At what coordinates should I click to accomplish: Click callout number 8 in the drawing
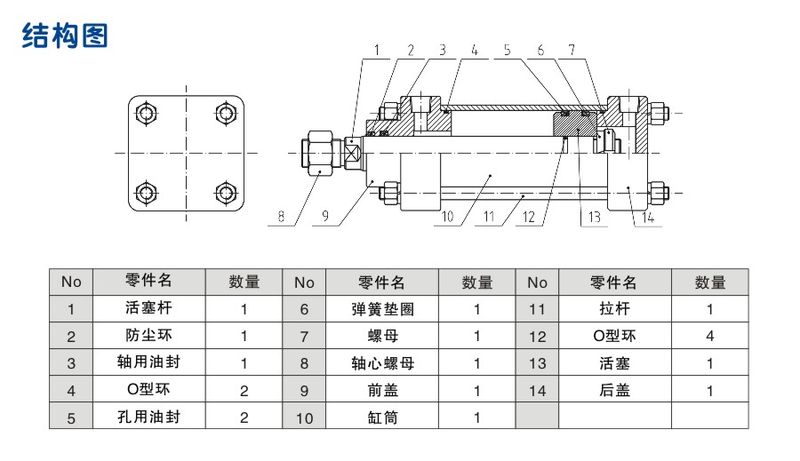(281, 214)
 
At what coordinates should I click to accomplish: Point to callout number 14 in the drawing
(649, 215)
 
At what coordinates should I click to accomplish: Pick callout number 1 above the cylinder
(376, 52)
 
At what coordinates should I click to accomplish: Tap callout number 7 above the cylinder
(572, 52)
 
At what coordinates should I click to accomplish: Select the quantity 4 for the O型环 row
(709, 337)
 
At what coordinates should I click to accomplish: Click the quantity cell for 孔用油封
(244, 417)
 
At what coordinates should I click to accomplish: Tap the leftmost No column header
(71, 282)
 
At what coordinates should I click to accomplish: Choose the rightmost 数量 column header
(709, 282)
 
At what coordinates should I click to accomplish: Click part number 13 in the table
(537, 363)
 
